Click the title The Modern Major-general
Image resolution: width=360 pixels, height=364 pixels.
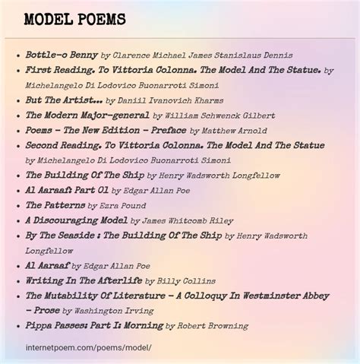(87, 116)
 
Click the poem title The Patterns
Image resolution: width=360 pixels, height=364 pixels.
(55, 205)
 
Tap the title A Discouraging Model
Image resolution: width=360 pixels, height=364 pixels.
(76, 220)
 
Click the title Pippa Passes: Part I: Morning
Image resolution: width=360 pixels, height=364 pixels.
(94, 325)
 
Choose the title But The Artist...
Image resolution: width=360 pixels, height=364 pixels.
(64, 100)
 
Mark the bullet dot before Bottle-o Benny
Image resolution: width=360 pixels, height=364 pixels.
(18, 56)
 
